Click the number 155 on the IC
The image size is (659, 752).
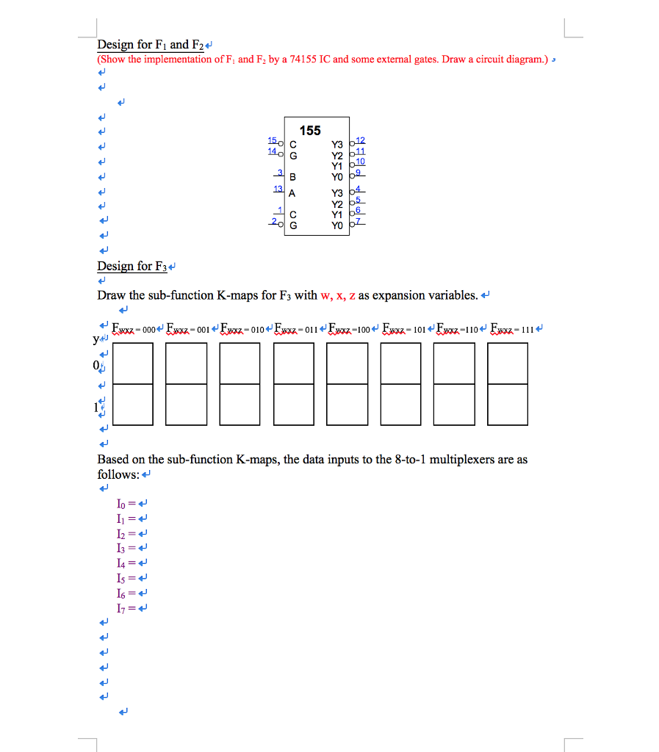(310, 131)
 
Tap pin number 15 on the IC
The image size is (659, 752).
(271, 140)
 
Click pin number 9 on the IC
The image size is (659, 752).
(359, 173)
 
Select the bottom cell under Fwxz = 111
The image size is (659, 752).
(508, 404)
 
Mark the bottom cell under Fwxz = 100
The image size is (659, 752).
(347, 404)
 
